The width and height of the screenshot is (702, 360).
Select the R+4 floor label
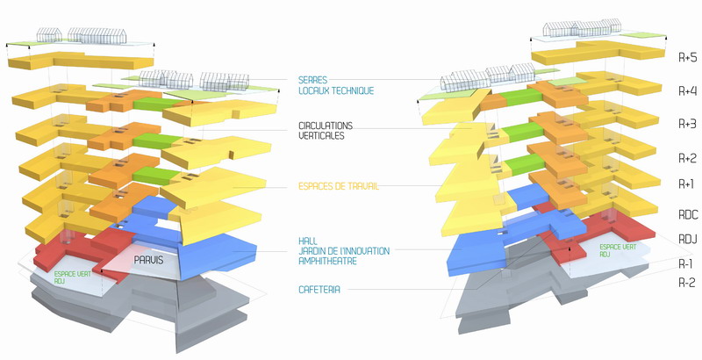click(687, 90)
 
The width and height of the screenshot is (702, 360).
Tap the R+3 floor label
click(687, 124)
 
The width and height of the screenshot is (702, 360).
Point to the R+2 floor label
click(687, 157)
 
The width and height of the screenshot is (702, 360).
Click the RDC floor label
click(686, 212)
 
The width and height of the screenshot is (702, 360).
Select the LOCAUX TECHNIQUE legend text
click(336, 90)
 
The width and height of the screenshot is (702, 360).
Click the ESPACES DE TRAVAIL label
click(338, 187)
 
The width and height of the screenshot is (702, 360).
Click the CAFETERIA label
click(319, 289)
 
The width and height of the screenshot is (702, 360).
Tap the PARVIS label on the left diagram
click(150, 260)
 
